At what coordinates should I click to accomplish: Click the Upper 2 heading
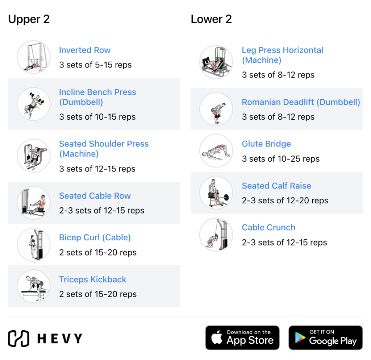tap(29, 19)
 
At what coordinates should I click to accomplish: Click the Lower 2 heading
tap(211, 19)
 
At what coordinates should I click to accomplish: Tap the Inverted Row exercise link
tap(85, 50)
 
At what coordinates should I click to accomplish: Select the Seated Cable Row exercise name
tap(95, 196)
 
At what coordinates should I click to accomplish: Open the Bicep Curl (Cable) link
tap(95, 237)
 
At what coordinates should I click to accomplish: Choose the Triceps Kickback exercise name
tap(93, 280)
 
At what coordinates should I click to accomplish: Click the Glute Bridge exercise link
tap(266, 144)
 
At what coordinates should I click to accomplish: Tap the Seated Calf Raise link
tap(276, 186)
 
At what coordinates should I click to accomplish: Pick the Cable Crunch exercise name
tap(268, 228)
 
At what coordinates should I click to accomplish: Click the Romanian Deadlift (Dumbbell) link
tap(301, 102)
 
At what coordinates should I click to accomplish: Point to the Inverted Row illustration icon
tap(34, 57)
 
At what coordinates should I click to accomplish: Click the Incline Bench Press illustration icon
tap(34, 104)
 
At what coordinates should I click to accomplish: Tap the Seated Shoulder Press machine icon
tap(34, 156)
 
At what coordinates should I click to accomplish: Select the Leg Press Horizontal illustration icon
tap(216, 62)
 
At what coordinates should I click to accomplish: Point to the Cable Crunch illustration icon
tap(216, 235)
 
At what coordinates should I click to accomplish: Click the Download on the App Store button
tap(242, 338)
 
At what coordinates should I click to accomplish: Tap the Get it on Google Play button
tap(325, 338)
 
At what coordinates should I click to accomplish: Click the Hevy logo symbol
tap(18, 338)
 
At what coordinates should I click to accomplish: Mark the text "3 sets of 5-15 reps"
tap(95, 65)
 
